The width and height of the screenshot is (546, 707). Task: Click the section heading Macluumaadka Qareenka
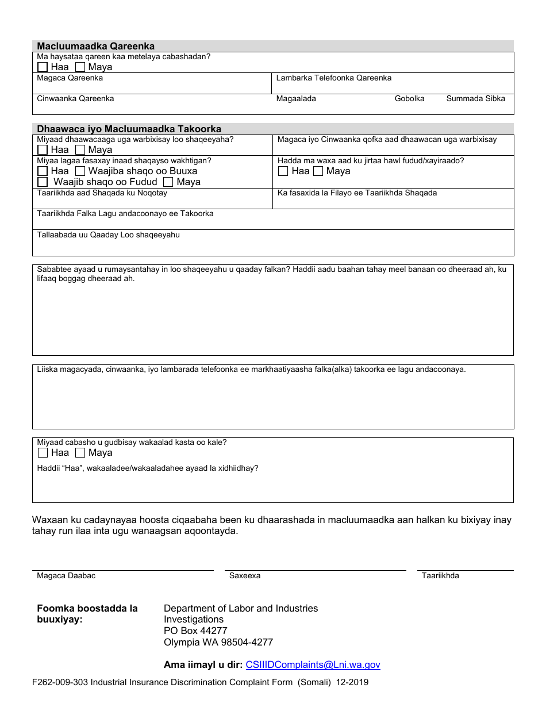coord(95,46)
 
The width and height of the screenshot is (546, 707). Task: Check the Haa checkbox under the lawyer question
coord(43,67)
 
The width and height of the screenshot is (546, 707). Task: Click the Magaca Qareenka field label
coord(70,78)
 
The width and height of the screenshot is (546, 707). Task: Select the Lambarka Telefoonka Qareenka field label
coord(333,78)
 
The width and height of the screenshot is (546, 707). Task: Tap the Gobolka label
coord(409,98)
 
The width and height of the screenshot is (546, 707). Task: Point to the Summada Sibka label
coord(475,98)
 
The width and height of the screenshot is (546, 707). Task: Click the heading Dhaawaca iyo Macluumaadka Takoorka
coord(129,129)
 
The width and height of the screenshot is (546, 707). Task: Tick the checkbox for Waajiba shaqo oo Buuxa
coord(80,171)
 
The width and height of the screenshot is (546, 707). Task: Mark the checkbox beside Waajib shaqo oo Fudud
coord(43,182)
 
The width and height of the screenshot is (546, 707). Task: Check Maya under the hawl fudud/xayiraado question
coord(318,171)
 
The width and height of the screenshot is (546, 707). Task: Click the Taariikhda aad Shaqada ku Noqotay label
coord(102,193)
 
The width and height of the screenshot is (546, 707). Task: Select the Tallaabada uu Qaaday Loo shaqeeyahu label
coord(108,235)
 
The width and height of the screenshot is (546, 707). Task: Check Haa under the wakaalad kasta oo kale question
coord(43,452)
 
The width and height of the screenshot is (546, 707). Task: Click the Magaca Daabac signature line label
coord(66,575)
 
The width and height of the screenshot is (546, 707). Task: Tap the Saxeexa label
coord(245,575)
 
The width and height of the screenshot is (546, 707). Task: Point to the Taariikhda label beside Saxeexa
coord(440,575)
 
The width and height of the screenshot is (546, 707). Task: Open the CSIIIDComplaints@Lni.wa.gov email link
coord(313,664)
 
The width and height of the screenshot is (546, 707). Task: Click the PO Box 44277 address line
coord(195,631)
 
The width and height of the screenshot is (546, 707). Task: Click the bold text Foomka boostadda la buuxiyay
coord(87,613)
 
